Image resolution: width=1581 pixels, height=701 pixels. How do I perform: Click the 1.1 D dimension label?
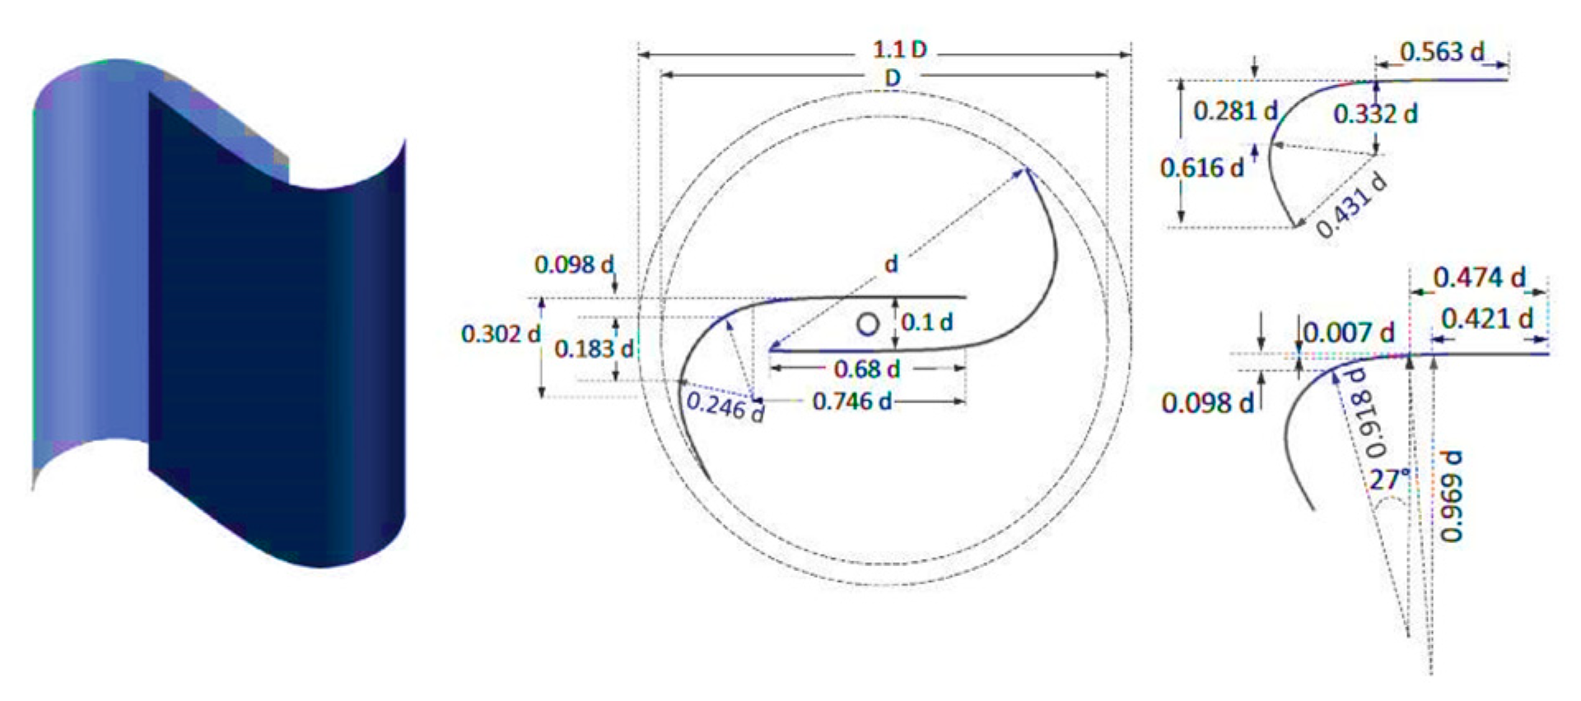pos(899,49)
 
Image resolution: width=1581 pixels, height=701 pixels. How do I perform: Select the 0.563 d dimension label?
pos(1442,53)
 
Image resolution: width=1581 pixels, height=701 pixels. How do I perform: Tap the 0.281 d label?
pos(1235,111)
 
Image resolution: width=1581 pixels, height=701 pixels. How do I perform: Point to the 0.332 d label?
pos(1375,114)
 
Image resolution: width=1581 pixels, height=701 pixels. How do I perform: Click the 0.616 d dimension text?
pos(1201,169)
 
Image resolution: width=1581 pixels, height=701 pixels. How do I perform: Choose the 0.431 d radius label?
pos(1350,206)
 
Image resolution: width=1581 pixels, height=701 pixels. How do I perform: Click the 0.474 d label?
pos(1479,278)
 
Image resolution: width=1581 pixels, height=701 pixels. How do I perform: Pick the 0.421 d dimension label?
pos(1487,319)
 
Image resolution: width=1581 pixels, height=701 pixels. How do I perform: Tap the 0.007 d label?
pos(1349,333)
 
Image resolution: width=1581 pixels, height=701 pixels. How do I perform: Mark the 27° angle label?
pos(1390,479)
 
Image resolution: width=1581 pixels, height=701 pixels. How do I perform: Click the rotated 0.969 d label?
pos(1451,495)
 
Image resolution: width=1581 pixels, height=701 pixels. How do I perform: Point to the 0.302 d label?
pos(501,334)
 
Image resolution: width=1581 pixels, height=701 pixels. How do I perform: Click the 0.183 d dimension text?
pos(594,349)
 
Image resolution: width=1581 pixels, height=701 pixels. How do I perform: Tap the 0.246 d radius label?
pos(725,406)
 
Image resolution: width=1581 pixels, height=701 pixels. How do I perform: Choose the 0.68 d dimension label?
pos(866,369)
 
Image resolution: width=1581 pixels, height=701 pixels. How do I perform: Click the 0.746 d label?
pos(851,402)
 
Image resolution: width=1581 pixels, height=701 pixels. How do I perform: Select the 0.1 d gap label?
pos(926,323)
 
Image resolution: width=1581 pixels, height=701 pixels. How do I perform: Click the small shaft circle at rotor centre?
pos(867,324)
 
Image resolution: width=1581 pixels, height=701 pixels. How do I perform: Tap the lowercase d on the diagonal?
pos(891,265)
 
